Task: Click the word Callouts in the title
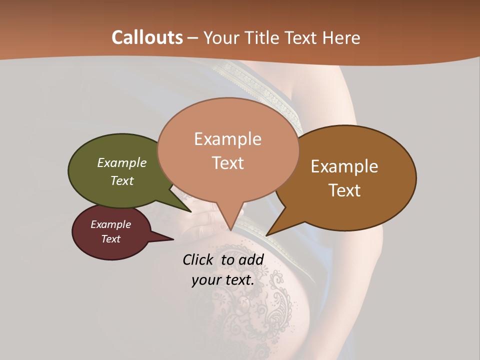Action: (x=147, y=37)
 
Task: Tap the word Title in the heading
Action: (x=260, y=37)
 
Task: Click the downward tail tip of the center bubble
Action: (x=230, y=229)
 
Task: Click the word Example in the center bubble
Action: (x=227, y=139)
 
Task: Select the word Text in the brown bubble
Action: (x=344, y=190)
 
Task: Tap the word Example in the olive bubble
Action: (x=122, y=163)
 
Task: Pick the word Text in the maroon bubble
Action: (x=111, y=239)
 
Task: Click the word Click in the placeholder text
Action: (x=198, y=259)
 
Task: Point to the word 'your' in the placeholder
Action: (x=206, y=280)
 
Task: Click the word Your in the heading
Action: (x=220, y=37)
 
